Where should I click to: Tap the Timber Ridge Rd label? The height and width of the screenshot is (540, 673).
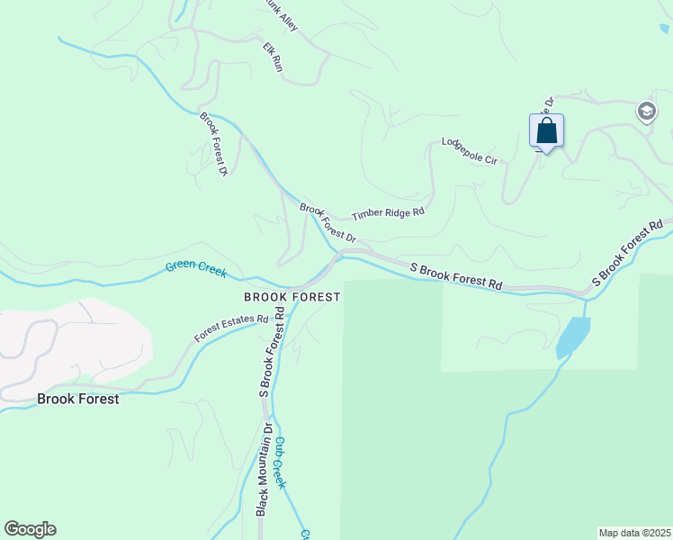[x=388, y=213]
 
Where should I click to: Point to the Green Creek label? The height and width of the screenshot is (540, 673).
[x=195, y=268]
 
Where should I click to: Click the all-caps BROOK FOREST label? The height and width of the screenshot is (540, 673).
[x=292, y=297]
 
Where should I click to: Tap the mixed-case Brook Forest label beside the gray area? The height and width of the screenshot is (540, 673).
[x=77, y=399]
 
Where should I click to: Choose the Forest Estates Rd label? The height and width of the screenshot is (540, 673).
[x=232, y=330]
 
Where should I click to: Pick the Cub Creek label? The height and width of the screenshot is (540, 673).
[x=281, y=463]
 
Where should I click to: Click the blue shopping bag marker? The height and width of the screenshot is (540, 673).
[x=546, y=131]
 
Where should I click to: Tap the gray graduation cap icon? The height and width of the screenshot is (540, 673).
[x=645, y=112]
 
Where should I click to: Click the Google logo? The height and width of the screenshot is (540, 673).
[x=30, y=529]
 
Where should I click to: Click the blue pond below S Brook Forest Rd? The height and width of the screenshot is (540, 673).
[x=572, y=337]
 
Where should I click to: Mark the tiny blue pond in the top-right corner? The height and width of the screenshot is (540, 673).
[x=664, y=28]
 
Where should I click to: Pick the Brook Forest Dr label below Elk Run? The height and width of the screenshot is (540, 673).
[x=213, y=143]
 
